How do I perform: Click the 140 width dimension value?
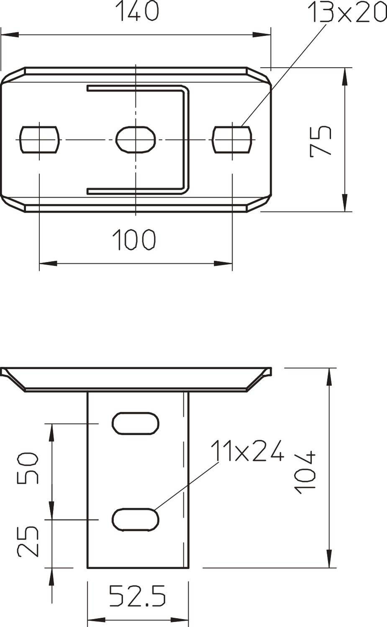pyautogui.click(x=137, y=12)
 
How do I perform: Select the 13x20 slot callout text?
pyautogui.click(x=346, y=13)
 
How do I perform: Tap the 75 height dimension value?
pyautogui.click(x=321, y=141)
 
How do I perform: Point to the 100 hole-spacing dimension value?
pyautogui.click(x=134, y=240)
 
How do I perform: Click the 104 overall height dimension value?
pyautogui.click(x=305, y=472)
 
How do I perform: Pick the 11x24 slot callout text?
pyautogui.click(x=247, y=451)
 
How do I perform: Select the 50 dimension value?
pyautogui.click(x=28, y=467)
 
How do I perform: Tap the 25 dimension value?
pyautogui.click(x=28, y=541)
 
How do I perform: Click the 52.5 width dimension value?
pyautogui.click(x=138, y=596)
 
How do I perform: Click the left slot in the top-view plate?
pyautogui.click(x=40, y=139)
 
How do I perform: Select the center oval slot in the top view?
pyautogui.click(x=136, y=139)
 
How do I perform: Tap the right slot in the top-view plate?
pyautogui.click(x=232, y=139)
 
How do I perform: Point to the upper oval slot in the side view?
pyautogui.click(x=136, y=423)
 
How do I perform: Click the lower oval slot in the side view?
pyautogui.click(x=136, y=520)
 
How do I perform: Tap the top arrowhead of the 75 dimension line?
pyautogui.click(x=345, y=75)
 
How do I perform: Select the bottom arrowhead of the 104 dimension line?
pyautogui.click(x=330, y=561)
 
